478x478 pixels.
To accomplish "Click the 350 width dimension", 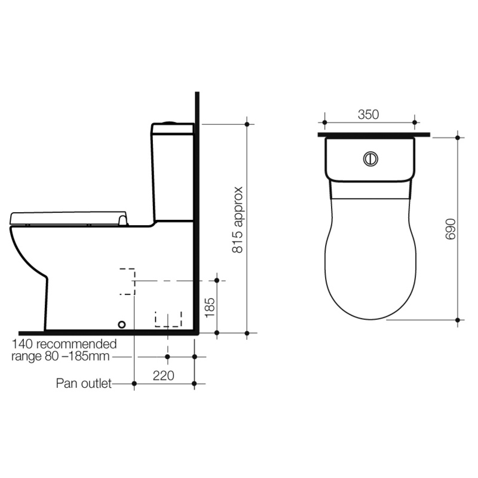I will click(368, 115).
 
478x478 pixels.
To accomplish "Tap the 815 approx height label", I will click(237, 220).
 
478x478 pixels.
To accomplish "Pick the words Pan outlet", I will click(84, 384).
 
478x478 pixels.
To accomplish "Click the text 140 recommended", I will click(64, 344).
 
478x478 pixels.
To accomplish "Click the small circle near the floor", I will click(122, 324).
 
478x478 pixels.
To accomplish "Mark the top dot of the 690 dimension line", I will click(458, 137).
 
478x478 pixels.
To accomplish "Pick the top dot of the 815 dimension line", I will click(247, 124).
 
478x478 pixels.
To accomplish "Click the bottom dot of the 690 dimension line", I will click(458, 320).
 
